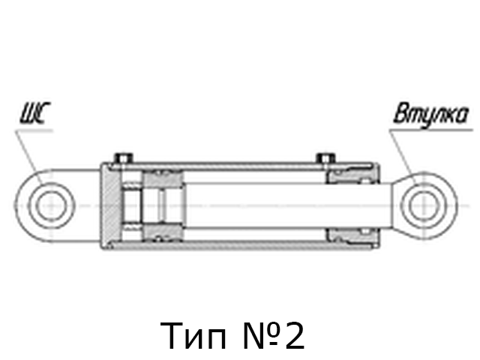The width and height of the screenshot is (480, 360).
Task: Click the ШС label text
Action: point(35,113)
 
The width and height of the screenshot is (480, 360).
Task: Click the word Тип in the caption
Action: point(193,335)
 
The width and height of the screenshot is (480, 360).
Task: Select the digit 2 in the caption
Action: point(295,335)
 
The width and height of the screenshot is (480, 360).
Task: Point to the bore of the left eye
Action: point(51,205)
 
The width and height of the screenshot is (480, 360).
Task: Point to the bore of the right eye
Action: point(424,205)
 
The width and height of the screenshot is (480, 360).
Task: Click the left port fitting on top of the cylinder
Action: point(124,157)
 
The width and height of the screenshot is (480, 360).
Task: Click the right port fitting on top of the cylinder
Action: point(326,157)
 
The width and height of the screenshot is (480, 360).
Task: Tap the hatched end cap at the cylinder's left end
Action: point(110,205)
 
